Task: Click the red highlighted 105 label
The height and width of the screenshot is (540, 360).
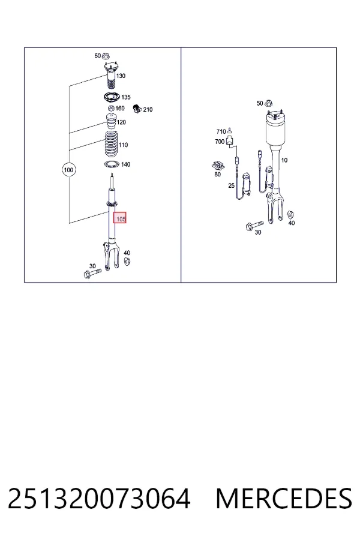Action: pos(120,218)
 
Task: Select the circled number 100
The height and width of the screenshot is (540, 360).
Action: pos(68,170)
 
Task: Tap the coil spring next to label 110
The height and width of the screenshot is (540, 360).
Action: pos(111,145)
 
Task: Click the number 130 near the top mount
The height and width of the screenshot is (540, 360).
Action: pos(121,76)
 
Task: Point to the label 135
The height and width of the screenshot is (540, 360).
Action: pos(126,97)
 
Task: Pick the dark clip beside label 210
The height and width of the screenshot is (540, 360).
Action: pos(137,108)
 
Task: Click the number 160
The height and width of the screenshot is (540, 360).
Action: pos(120,109)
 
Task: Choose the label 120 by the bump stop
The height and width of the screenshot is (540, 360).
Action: pos(121,122)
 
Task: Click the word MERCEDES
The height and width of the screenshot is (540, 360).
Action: pos(284,499)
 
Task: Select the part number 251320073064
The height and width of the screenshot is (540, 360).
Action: pos(99,499)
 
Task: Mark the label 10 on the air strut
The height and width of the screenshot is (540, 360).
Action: pos(284,160)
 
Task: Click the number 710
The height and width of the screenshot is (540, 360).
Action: pos(221,131)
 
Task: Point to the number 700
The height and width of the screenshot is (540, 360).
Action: pos(220,142)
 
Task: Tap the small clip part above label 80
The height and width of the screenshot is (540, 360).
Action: pos(218,166)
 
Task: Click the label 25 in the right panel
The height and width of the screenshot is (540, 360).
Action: pos(231,185)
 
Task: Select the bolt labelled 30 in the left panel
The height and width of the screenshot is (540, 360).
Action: pos(92,274)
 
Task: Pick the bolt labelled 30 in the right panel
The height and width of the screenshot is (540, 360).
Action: pos(254,225)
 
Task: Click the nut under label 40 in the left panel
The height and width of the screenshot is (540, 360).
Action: pos(127,262)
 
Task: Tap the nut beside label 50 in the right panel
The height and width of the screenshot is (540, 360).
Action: pos(270,103)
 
